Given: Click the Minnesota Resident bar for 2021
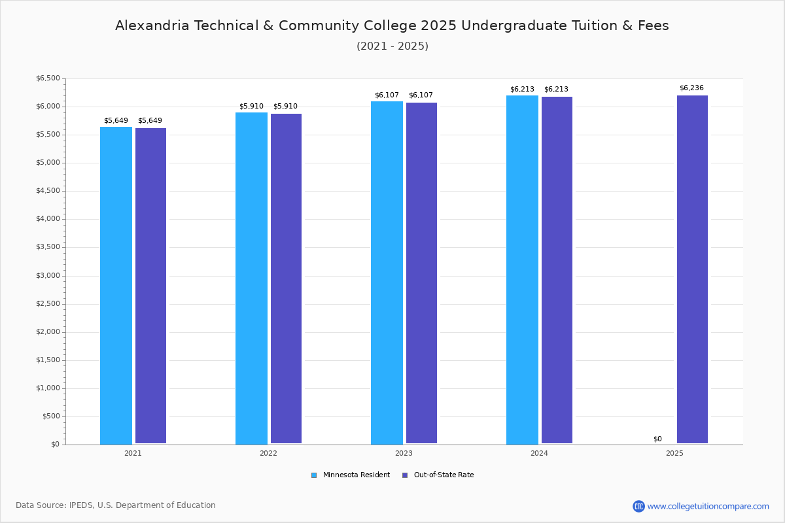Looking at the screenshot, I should coord(116,285).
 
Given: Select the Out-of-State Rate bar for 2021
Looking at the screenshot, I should coord(150,286).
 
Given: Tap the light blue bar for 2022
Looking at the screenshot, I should coord(251,278).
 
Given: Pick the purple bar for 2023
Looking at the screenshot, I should coord(421,273).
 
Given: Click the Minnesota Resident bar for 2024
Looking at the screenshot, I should coord(522,269).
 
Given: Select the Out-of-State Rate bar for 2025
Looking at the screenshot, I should coord(692,269).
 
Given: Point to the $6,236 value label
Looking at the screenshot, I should coord(691,88).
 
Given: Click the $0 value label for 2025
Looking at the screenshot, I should coord(657,439).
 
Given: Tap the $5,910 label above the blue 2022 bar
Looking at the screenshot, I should coord(251,106).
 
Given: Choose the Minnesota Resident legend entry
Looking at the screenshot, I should coord(351,475).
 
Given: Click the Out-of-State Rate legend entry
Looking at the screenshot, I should coord(438,475).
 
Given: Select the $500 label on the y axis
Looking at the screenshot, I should coord(50,416).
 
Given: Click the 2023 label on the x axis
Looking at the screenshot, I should coord(404,453).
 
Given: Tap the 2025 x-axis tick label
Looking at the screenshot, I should coord(674,453).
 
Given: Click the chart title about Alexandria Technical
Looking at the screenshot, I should coord(392,25).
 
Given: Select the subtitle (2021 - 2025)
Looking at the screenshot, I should coord(392,46).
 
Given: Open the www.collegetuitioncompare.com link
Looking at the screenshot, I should coord(708,506).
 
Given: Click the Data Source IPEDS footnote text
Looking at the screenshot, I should coord(116,505).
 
